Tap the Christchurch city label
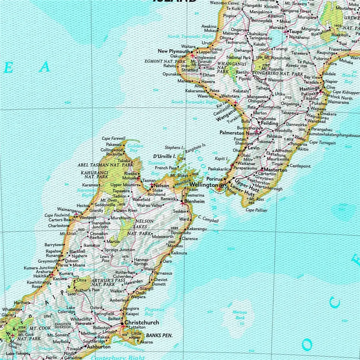(x=142, y=322)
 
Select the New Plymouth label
(x=174, y=51)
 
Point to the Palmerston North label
(x=239, y=133)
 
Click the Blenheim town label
(x=194, y=202)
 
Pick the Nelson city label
(x=162, y=186)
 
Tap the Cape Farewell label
(x=114, y=138)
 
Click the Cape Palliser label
(x=256, y=210)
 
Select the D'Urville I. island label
(x=165, y=156)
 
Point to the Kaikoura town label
(x=179, y=253)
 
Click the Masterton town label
(x=275, y=170)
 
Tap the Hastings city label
(x=309, y=89)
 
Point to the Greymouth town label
(x=48, y=261)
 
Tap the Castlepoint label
(x=300, y=166)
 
